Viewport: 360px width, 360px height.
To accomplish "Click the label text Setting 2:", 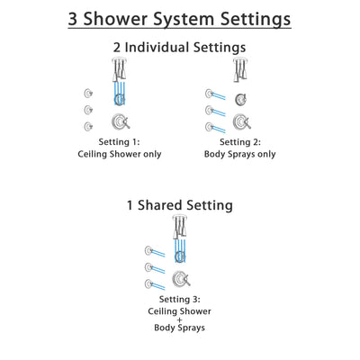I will tap(239, 142).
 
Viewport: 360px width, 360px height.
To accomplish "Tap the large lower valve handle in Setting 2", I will tap(240, 122).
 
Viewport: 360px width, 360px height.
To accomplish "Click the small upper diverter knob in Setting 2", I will tap(240, 99).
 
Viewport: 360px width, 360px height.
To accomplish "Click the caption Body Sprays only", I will tap(239, 154).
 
